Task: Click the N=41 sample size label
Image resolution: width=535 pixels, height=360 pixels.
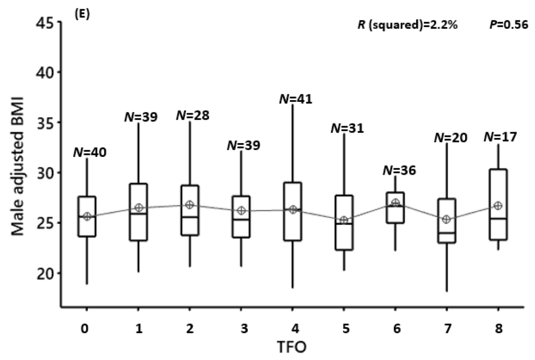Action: click(x=296, y=99)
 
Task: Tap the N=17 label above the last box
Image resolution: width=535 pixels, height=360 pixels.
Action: click(x=500, y=137)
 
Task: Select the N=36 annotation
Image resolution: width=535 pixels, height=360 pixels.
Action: click(x=399, y=170)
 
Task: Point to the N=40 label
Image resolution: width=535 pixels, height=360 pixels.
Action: click(x=90, y=152)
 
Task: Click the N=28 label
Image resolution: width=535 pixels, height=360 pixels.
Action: click(x=193, y=115)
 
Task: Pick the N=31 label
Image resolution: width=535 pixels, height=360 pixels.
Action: click(x=347, y=128)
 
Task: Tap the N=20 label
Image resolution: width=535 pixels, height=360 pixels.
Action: click(x=450, y=138)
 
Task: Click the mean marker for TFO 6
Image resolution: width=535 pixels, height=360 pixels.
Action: click(x=396, y=203)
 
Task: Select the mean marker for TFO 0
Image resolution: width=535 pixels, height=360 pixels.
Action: click(x=87, y=217)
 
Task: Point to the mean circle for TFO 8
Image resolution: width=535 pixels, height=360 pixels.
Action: click(x=498, y=206)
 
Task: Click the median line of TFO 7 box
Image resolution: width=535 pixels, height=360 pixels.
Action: click(x=447, y=233)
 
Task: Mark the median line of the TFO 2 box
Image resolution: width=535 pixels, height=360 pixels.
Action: click(x=190, y=217)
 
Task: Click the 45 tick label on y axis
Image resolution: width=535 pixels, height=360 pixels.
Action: click(x=46, y=23)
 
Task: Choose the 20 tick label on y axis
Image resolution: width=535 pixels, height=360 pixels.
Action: click(x=46, y=273)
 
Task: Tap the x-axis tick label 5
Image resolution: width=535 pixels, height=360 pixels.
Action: click(x=346, y=329)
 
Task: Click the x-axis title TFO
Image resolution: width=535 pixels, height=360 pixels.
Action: click(x=292, y=348)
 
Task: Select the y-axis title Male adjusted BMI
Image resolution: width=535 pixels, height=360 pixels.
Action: click(x=18, y=165)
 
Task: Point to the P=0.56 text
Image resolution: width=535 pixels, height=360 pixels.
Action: click(x=509, y=25)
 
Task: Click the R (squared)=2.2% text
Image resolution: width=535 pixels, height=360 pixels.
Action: click(x=407, y=25)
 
